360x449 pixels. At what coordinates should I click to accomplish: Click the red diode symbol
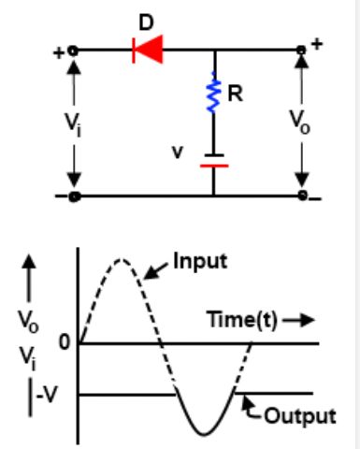(148, 50)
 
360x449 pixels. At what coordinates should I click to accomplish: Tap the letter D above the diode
(146, 22)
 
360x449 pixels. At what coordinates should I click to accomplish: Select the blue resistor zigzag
(214, 93)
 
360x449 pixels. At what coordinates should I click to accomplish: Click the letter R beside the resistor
(235, 94)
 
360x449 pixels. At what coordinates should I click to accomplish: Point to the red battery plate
(214, 166)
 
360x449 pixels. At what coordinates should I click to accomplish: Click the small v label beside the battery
(178, 152)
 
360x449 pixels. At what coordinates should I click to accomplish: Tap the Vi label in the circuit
(73, 124)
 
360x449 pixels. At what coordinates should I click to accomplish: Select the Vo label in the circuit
(300, 123)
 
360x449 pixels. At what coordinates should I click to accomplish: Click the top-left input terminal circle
(73, 51)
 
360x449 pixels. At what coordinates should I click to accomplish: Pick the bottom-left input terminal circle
(75, 196)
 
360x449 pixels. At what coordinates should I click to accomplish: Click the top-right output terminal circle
(301, 50)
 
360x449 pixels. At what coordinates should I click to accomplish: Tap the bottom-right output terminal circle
(302, 196)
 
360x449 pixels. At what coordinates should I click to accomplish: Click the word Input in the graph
(200, 261)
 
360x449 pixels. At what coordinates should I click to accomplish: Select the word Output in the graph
(300, 415)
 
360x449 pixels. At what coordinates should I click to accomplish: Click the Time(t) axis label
(242, 320)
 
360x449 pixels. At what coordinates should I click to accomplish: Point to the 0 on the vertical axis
(65, 342)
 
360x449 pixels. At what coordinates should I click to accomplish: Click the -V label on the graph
(48, 396)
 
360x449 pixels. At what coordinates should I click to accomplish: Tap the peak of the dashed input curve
(121, 259)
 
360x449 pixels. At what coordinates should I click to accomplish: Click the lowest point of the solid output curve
(205, 434)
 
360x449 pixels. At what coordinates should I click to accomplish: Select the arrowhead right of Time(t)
(307, 320)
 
